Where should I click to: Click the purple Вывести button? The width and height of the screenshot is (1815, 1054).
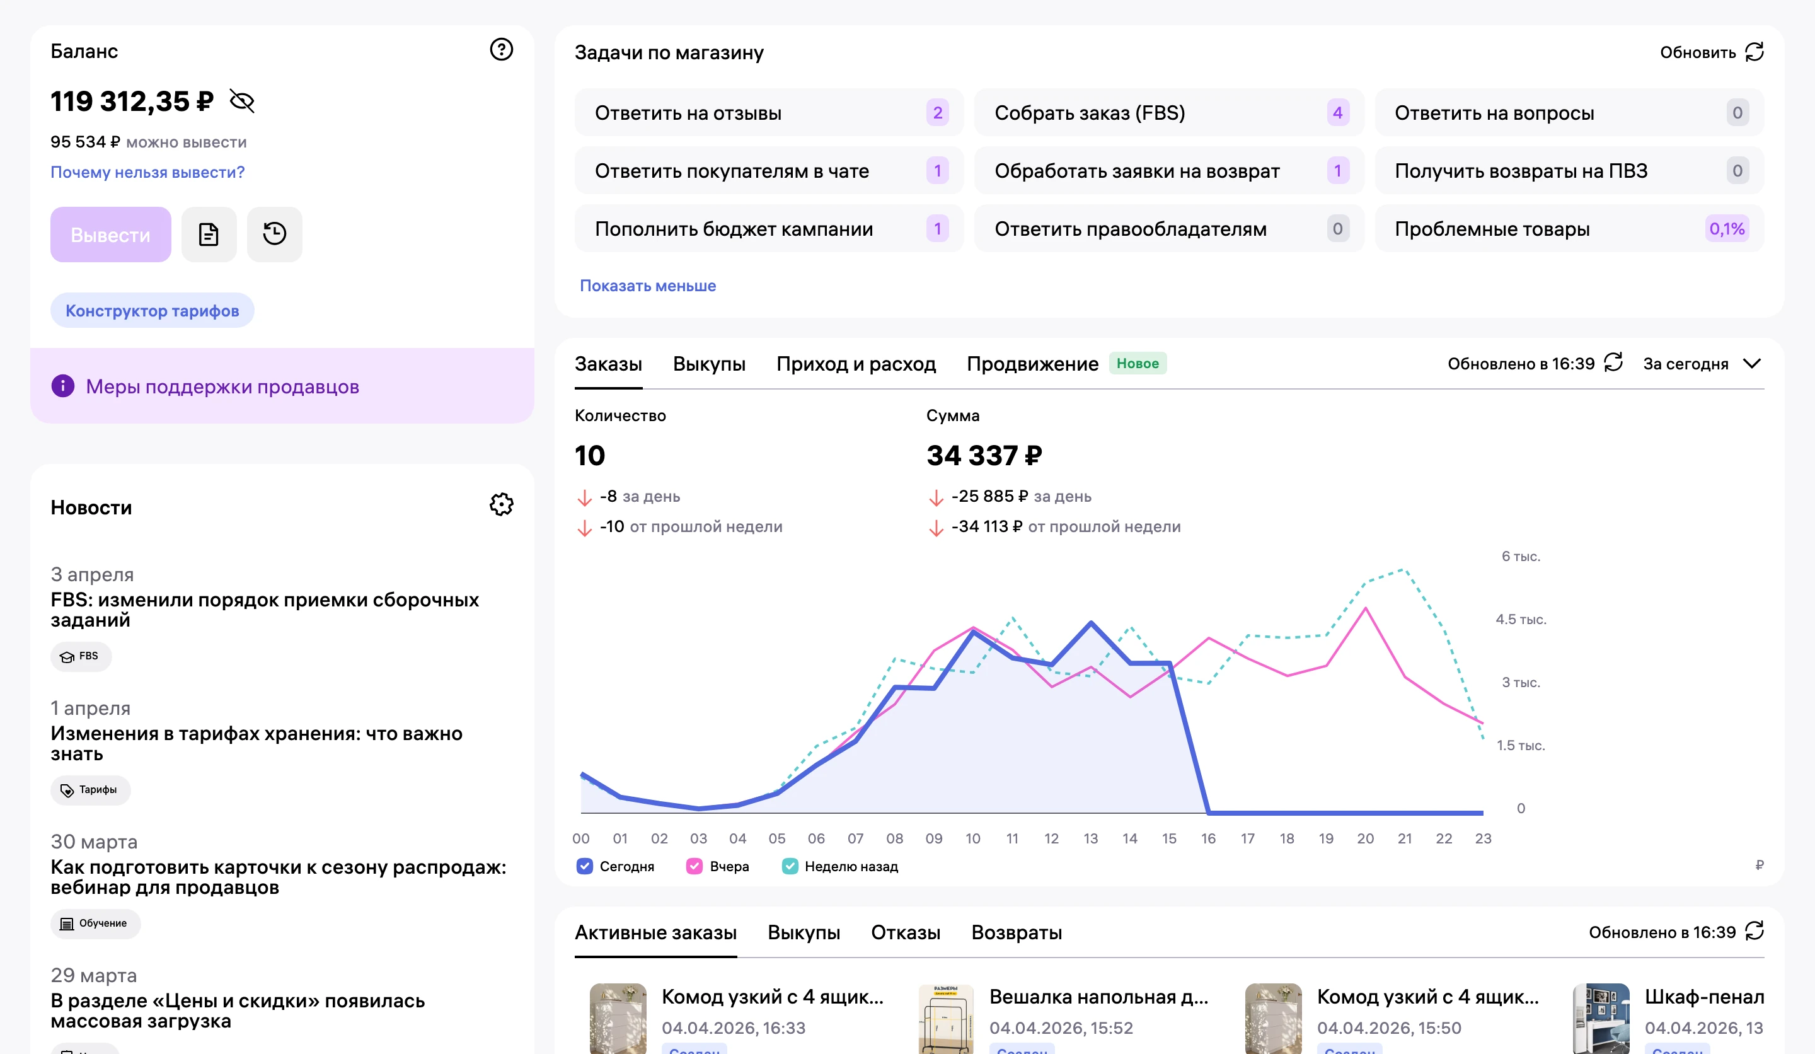point(110,235)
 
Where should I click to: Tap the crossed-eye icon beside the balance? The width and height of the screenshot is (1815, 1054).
point(242,101)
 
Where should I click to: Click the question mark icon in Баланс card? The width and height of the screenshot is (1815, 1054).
point(501,50)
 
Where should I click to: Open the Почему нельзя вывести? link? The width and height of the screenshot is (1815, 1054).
point(147,172)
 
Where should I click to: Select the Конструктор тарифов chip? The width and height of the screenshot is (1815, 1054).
point(152,311)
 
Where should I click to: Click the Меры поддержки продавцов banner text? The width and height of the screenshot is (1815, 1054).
point(222,387)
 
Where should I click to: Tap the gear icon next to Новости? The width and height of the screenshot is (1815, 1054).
point(501,504)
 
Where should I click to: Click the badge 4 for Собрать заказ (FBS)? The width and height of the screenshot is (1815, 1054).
point(1337,112)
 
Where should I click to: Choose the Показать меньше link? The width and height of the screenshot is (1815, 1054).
point(647,286)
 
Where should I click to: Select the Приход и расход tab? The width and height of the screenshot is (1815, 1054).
point(856,364)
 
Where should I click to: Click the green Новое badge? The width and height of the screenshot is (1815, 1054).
point(1138,364)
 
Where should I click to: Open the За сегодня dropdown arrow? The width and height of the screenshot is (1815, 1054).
point(1753,364)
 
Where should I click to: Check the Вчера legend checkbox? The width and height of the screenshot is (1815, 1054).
point(694,866)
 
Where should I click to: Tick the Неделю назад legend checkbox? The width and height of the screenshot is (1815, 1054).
point(790,866)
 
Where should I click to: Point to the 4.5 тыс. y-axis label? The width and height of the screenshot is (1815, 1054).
point(1521,620)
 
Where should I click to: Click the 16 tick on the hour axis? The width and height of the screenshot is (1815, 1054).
point(1208,838)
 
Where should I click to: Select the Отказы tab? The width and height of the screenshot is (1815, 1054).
point(906,932)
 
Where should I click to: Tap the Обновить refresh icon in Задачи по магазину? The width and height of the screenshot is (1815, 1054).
point(1754,52)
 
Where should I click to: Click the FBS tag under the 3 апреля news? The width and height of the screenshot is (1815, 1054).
point(81,656)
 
